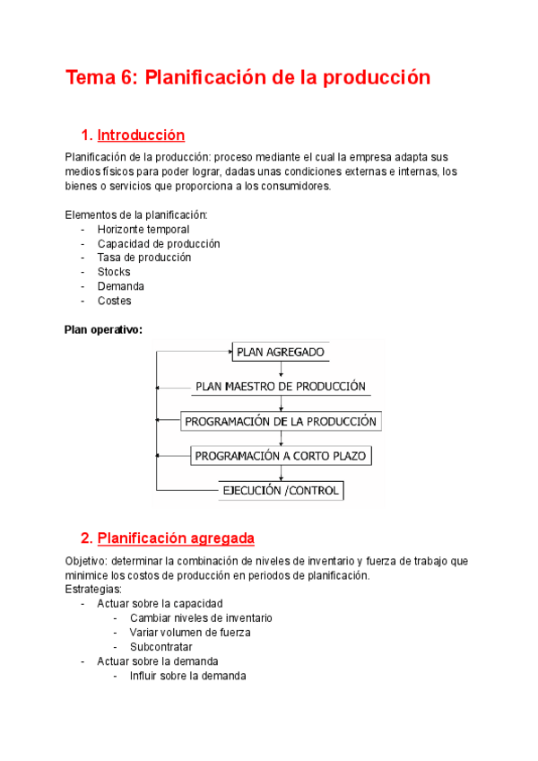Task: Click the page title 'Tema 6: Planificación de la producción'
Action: [247, 78]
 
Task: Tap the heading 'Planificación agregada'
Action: [176, 538]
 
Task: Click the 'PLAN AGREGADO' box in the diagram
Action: [281, 352]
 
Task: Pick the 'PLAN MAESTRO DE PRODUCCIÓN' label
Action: [281, 387]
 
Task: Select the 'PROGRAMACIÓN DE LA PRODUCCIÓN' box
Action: [281, 421]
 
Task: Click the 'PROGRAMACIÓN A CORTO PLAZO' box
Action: [281, 456]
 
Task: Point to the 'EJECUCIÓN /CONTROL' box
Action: [281, 490]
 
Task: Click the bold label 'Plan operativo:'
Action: [104, 329]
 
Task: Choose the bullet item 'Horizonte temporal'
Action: [143, 230]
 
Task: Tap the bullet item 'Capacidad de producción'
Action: [159, 244]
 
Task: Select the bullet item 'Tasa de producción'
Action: [144, 258]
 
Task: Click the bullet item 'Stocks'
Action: [114, 272]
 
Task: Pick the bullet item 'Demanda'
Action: [121, 286]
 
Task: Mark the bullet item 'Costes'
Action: [114, 301]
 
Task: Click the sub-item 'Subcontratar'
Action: [161, 647]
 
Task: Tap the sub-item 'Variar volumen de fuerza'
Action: [190, 633]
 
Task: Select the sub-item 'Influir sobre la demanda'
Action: [187, 676]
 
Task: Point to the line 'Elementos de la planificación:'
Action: [136, 215]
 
